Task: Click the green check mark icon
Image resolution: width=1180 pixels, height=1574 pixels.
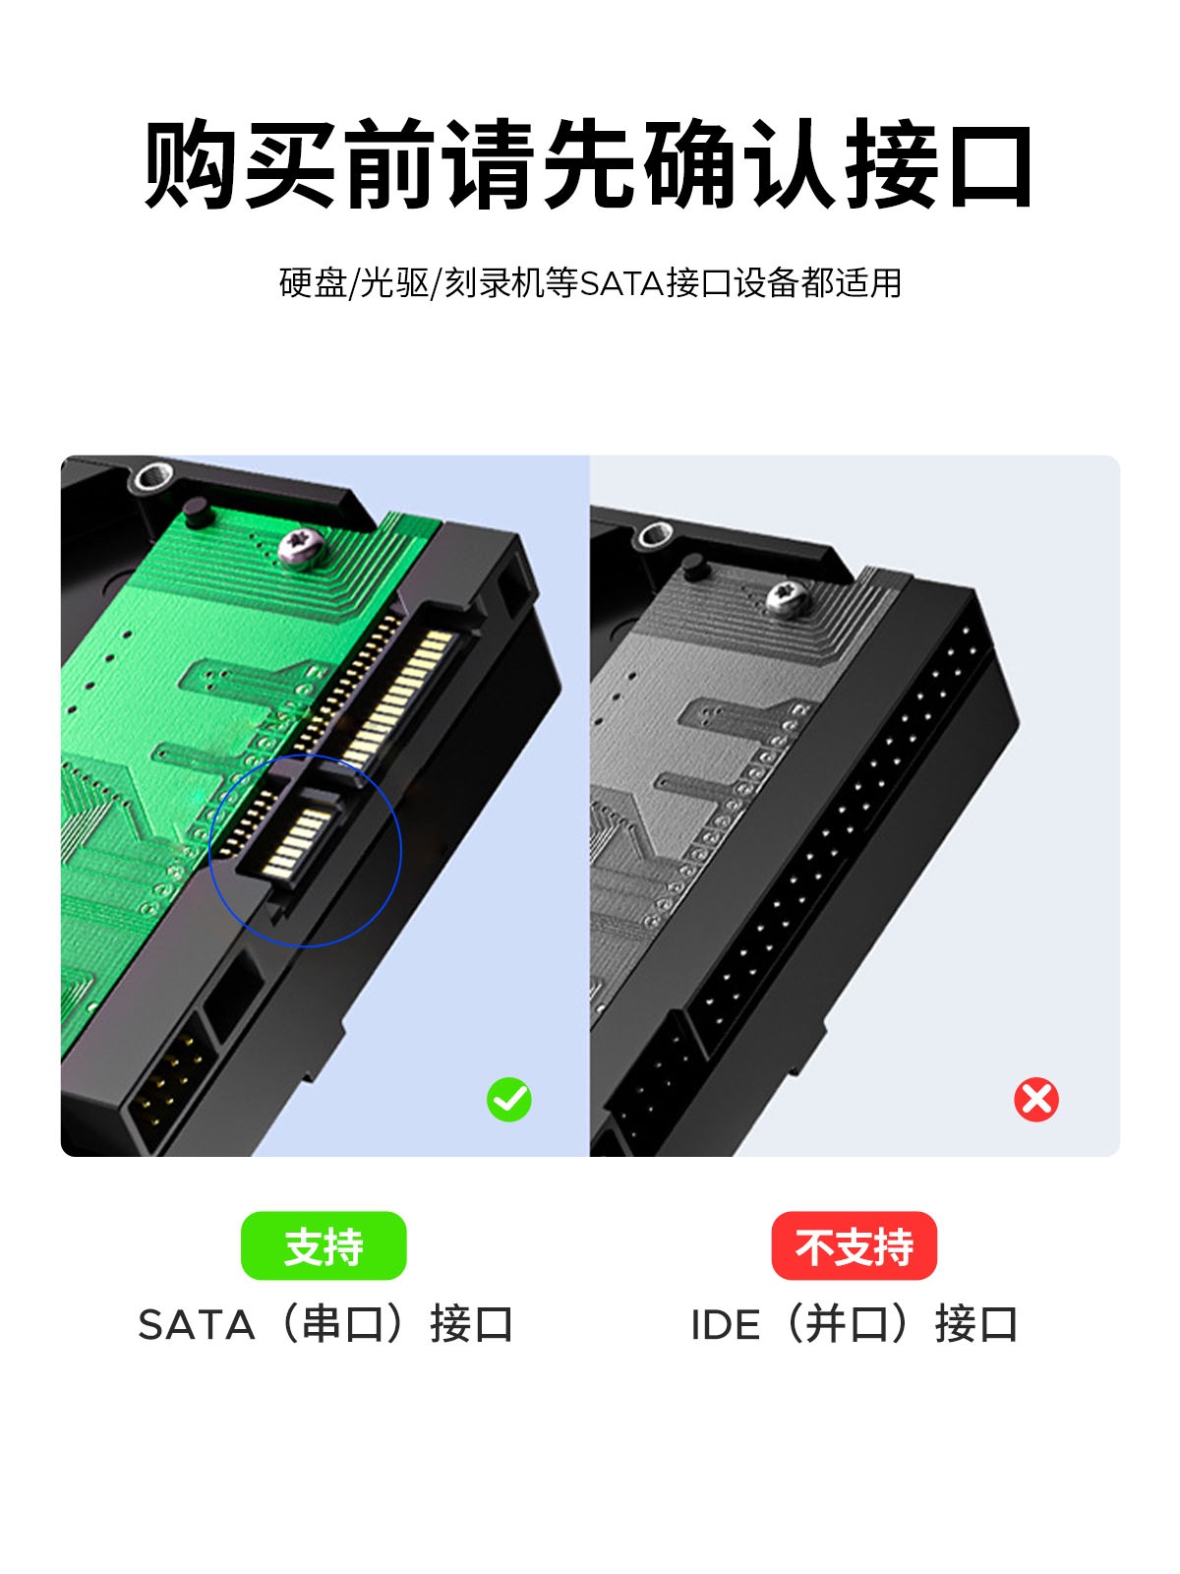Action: [508, 1099]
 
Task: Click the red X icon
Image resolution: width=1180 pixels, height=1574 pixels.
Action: [1036, 1099]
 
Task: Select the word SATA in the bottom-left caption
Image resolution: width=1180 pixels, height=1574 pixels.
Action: [197, 1324]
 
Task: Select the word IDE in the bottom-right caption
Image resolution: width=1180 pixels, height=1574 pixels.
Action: [725, 1324]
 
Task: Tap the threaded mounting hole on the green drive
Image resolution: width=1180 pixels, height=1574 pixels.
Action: [154, 476]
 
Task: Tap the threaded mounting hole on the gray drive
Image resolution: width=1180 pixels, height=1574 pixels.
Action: [656, 533]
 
